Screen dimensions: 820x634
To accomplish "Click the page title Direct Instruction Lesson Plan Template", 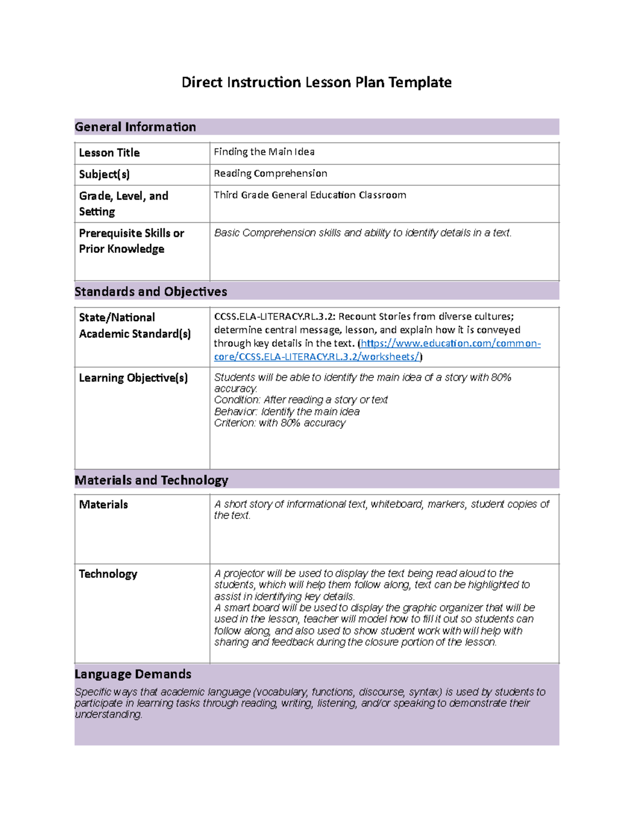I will tap(316, 82).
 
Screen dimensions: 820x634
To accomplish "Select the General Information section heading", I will tap(135, 127).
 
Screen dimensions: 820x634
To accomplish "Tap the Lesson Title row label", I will tap(109, 153).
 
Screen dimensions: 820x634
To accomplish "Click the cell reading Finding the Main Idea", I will tap(264, 152).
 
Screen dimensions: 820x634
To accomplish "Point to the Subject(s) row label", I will tap(104, 174).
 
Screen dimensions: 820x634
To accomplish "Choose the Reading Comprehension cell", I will tap(271, 174).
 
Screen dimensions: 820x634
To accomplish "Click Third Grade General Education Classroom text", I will tap(310, 195).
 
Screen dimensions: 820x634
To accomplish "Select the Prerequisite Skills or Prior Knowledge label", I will tap(131, 241).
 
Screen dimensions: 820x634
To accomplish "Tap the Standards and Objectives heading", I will tap(151, 291).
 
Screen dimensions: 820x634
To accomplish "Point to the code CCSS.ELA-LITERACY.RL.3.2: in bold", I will tap(275, 317).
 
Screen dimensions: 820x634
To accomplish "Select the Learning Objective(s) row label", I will tap(133, 378).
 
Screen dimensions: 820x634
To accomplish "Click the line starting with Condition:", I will tap(301, 400).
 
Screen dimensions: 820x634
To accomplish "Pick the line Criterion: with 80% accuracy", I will tap(279, 423).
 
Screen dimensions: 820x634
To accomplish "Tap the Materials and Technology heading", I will tap(151, 480).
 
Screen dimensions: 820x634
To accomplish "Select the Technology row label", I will tap(108, 574).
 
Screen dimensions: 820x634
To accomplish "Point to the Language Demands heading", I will tap(133, 674).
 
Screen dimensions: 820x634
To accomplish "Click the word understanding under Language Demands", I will tap(108, 714).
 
